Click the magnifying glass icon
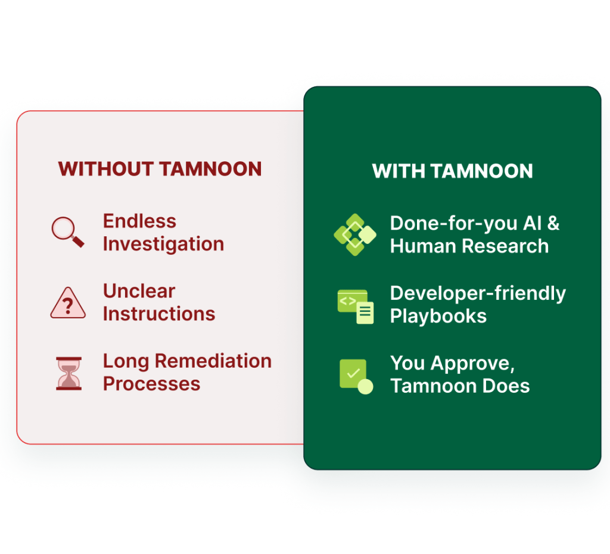pos(67,232)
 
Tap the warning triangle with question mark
pos(67,303)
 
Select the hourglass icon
pos(69,373)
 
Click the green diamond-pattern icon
pos(355,234)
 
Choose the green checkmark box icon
pos(356,376)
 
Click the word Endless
pos(139,221)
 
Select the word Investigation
pos(163,244)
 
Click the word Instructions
pos(159,314)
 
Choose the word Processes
pos(151,384)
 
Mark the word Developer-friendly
pos(478,293)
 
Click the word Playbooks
pos(438,316)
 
